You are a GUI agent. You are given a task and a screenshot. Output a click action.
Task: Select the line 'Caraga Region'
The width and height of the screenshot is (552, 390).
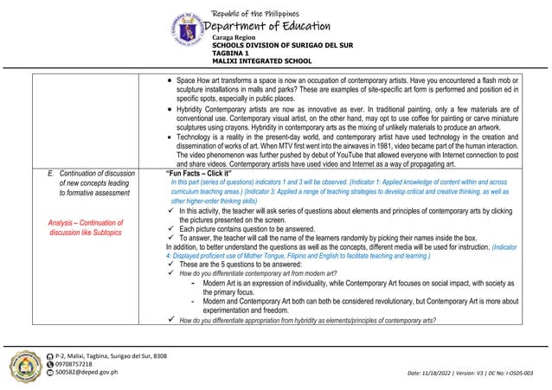pyautogui.click(x=234, y=39)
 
